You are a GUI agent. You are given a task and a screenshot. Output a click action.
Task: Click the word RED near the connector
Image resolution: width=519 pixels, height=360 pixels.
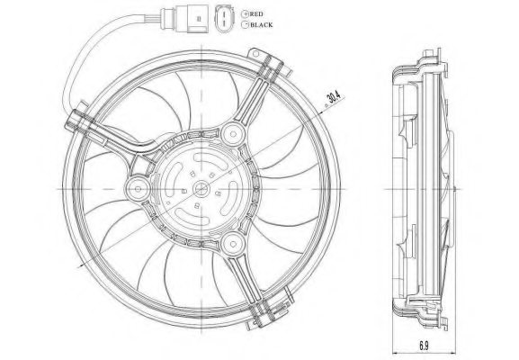click(x=256, y=13)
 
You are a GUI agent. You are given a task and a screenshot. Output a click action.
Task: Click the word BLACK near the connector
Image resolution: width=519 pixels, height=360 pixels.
click(x=262, y=25)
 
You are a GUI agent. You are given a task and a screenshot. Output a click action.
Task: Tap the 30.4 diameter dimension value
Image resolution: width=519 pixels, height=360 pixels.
click(x=333, y=97)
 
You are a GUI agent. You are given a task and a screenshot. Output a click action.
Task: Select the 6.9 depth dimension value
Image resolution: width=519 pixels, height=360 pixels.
click(x=424, y=346)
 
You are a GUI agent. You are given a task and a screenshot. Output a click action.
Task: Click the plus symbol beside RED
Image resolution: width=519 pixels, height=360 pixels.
click(x=246, y=13)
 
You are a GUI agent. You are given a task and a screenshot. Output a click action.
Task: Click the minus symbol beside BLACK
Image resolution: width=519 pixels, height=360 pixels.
click(x=246, y=24)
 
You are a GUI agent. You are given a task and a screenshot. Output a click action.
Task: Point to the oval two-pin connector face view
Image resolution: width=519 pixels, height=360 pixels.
click(x=224, y=19)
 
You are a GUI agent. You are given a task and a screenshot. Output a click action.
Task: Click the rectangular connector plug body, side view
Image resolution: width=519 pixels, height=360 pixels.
click(x=192, y=19)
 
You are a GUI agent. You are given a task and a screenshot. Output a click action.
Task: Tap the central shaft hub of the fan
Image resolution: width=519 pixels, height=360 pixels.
click(x=201, y=189)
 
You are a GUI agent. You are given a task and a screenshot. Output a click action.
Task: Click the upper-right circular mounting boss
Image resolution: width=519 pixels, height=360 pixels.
click(x=233, y=134)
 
